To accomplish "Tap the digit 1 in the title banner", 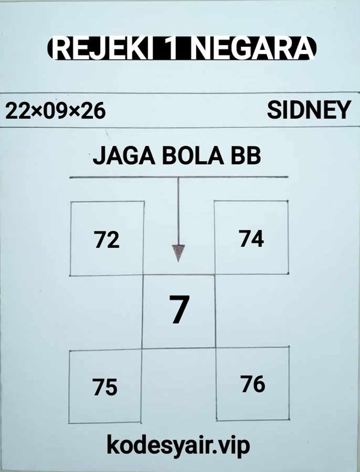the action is [x=172, y=48].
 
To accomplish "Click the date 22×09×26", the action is [x=56, y=111].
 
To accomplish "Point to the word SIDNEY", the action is [x=309, y=110].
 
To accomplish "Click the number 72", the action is [x=107, y=240].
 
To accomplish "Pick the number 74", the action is [x=252, y=238].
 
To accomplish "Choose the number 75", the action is [x=105, y=387].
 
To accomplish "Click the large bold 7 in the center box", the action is [x=179, y=309].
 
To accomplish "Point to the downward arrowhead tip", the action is [x=178, y=262].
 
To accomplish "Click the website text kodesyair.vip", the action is [x=179, y=446].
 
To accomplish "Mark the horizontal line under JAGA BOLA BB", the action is [x=179, y=177].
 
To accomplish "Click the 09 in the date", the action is [x=56, y=111].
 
